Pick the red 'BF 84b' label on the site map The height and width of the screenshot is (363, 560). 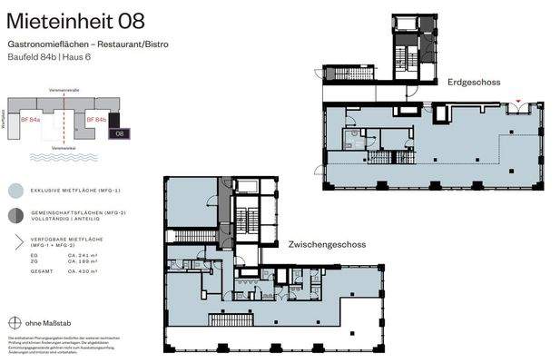coord(96,119)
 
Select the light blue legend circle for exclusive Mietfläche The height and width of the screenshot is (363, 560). coord(15,191)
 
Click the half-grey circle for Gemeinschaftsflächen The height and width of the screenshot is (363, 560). coord(15,215)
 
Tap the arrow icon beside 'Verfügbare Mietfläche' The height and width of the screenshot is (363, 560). coord(15,242)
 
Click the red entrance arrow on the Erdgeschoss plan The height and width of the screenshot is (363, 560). coord(518,101)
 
